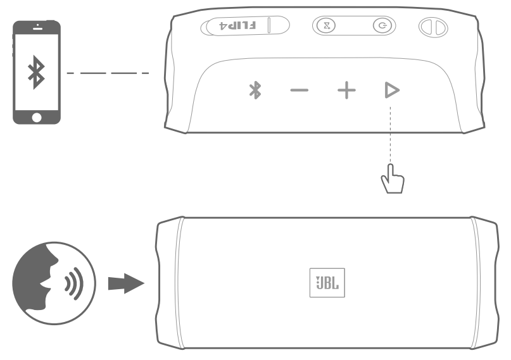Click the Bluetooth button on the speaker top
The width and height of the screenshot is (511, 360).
coord(255,90)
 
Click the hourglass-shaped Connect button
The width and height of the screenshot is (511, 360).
coord(327,26)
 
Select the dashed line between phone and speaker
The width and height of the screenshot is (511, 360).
coord(108,73)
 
